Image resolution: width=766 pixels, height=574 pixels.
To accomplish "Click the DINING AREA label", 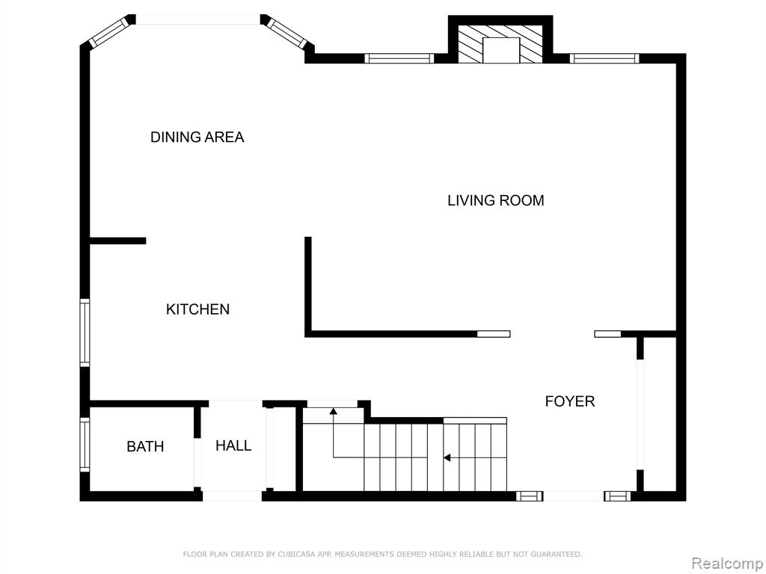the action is tap(197, 138).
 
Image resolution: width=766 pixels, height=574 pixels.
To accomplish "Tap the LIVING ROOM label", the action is tap(496, 200).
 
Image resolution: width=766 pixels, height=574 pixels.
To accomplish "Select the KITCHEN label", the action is tap(197, 309).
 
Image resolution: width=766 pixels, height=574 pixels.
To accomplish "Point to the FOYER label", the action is tap(569, 401).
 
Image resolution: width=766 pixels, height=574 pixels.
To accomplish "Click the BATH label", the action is tap(145, 446).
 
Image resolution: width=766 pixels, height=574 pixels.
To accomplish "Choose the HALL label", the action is tap(233, 445).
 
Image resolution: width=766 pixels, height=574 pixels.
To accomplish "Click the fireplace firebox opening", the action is tap(500, 50).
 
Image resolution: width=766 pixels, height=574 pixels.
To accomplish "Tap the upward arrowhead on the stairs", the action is tap(333, 411).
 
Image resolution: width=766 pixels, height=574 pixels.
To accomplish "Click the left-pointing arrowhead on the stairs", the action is tap(447, 458).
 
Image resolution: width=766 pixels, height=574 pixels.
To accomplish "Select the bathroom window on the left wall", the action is tap(85, 445).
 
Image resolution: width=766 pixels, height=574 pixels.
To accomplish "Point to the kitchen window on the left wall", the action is tap(85, 333).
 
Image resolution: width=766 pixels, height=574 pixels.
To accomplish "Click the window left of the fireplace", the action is tap(399, 58).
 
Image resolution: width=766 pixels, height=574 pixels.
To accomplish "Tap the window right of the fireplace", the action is tap(604, 58).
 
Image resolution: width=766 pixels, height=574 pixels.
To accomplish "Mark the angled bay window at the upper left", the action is tap(109, 32).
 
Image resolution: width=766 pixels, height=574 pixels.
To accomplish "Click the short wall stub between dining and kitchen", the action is tap(117, 241).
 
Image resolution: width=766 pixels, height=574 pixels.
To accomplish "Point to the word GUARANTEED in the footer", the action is tap(556, 554).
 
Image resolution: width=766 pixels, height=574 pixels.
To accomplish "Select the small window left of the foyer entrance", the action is tap(530, 496).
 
